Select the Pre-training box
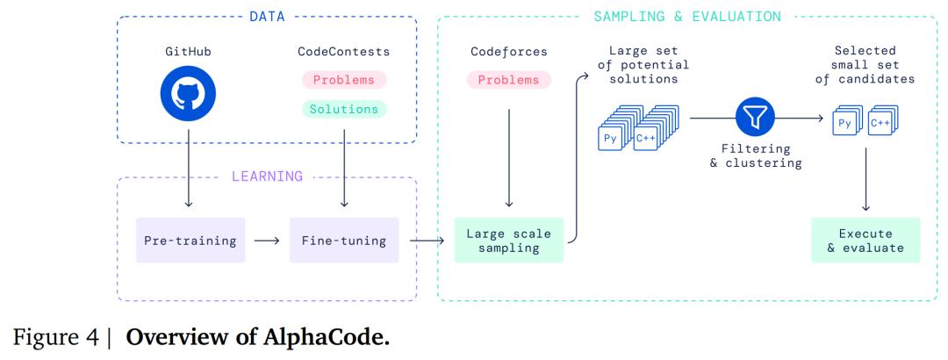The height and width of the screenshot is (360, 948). (190, 239)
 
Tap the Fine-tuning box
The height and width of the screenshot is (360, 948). (344, 239)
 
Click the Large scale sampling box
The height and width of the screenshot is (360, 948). (508, 239)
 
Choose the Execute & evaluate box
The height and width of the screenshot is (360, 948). (865, 240)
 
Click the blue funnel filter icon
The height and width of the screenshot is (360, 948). (754, 116)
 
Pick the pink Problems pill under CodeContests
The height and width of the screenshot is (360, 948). (343, 80)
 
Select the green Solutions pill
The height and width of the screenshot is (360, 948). (343, 110)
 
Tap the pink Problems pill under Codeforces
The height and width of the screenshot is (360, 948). (508, 80)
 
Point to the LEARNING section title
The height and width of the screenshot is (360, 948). (266, 176)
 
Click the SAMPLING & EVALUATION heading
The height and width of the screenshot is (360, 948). (687, 16)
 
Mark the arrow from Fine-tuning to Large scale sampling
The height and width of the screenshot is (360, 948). (426, 239)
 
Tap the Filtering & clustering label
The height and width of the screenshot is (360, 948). (754, 156)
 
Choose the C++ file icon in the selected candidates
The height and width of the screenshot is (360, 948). (880, 125)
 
